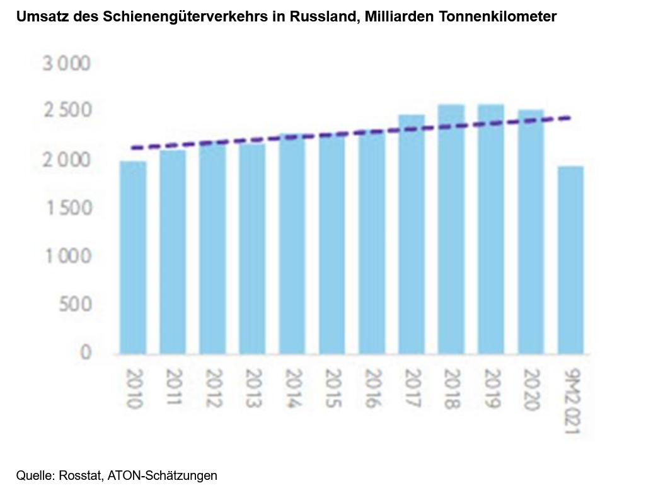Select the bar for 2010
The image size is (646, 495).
coord(133,257)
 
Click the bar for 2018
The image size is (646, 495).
coord(451,228)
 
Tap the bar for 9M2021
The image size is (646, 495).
coord(570,259)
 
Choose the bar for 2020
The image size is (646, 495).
coord(531,231)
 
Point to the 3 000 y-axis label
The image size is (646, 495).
coord(67,64)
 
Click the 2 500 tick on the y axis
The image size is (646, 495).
coord(67,112)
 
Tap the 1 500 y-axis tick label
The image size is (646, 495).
coord(67,208)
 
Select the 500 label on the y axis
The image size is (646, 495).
coord(76,305)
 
